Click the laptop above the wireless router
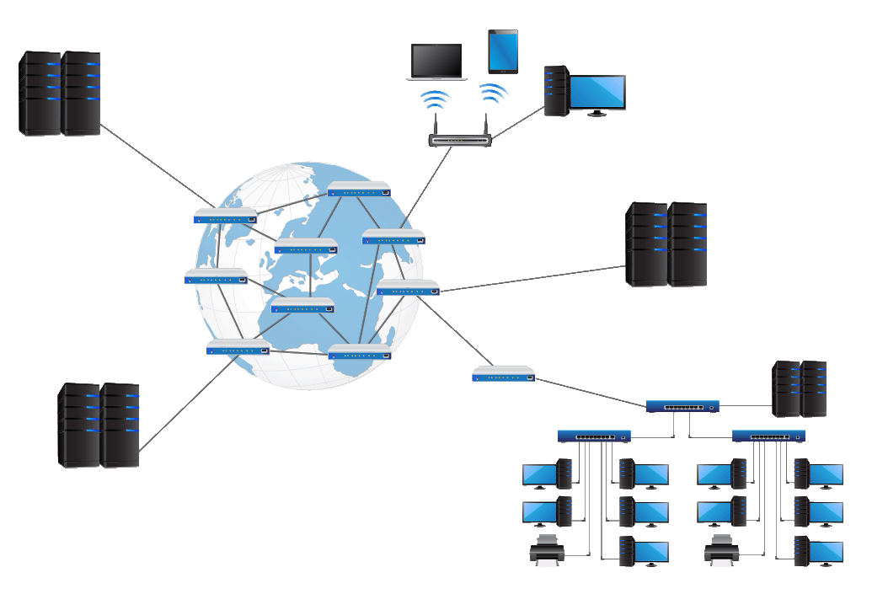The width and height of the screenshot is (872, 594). coord(435,62)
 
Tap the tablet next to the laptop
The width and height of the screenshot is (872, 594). coord(503,51)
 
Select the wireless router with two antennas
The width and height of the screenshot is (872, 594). coord(460,139)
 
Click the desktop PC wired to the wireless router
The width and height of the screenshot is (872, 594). coord(585,91)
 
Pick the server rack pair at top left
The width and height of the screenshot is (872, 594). coord(60,93)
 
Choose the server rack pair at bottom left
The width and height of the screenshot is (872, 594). coord(99,425)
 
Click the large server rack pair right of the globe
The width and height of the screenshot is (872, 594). coord(666,244)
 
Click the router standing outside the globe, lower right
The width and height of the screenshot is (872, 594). coord(504,373)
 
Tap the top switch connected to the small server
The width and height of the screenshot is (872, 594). coord(682,406)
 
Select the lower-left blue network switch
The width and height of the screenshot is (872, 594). coord(594,436)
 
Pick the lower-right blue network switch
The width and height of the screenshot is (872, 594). coord(768,436)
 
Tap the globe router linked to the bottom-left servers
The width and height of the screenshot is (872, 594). coord(238,347)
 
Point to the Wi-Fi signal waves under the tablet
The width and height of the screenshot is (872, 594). coord(493,94)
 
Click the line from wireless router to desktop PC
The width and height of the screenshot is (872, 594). coord(518,123)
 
